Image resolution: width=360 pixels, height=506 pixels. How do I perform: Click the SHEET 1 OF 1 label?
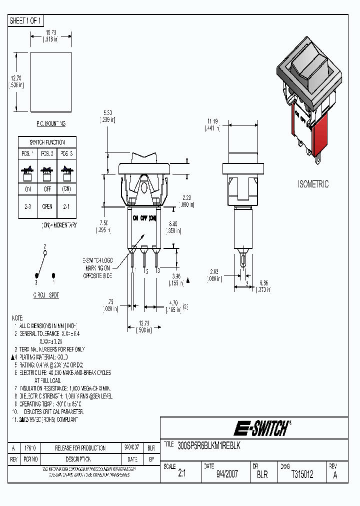[26, 20]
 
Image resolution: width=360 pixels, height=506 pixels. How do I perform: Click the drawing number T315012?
[302, 474]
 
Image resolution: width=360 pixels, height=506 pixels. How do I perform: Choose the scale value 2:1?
[181, 474]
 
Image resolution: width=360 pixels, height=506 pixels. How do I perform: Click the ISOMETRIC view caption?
[313, 184]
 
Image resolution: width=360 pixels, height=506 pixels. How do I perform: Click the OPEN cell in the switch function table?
[48, 206]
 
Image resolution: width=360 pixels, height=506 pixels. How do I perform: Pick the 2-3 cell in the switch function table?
[28, 206]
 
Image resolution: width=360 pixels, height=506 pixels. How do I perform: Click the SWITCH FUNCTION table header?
[48, 142]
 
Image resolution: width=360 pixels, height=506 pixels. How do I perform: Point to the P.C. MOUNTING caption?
[50, 123]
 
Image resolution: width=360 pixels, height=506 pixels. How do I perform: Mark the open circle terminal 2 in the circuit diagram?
[45, 253]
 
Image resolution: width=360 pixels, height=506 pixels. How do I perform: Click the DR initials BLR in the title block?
[262, 474]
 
